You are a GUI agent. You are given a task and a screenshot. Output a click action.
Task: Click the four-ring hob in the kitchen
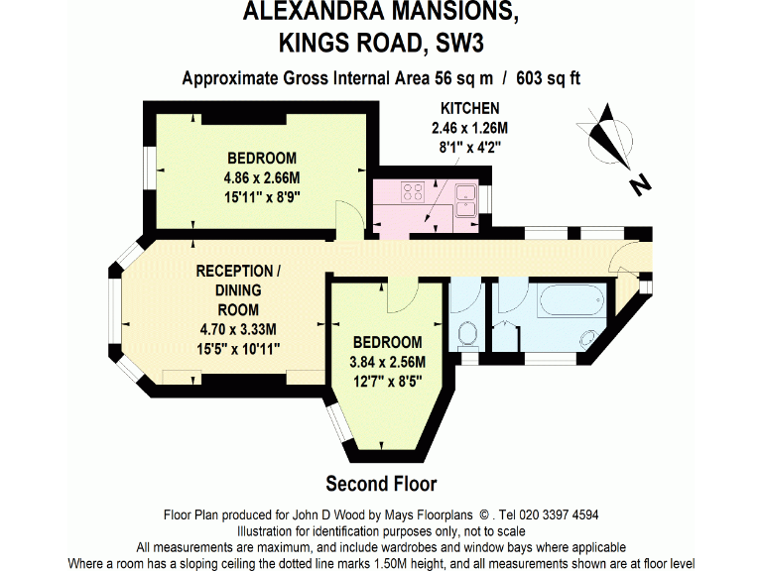[x=412, y=191]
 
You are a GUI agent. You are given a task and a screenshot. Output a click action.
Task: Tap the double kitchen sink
[x=466, y=193]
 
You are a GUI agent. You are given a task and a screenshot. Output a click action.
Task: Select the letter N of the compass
[x=641, y=182]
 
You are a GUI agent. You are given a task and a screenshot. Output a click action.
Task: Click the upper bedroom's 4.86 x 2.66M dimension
[x=262, y=177]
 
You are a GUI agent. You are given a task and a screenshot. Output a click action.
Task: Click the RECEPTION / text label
[x=234, y=271]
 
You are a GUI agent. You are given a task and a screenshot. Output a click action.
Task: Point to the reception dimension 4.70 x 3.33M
[x=238, y=329]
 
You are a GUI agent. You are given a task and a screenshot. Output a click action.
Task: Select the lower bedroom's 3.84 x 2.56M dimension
[x=387, y=362]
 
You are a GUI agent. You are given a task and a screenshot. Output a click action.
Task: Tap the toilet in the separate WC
[x=470, y=334]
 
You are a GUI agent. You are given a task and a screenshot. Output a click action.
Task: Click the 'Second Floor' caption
[x=381, y=484]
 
